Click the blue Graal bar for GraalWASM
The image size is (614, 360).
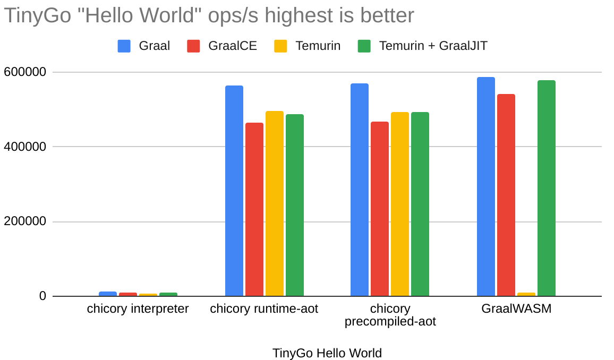coord(485,186)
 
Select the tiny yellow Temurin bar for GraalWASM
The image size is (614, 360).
coord(526,294)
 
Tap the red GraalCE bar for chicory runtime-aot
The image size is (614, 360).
coord(254,209)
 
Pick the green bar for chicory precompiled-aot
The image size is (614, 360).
coord(420,204)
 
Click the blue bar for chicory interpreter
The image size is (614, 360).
coord(107,294)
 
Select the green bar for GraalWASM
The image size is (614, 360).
coord(546,188)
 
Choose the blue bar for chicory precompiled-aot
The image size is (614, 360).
coord(359,190)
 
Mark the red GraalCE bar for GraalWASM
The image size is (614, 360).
coord(506,195)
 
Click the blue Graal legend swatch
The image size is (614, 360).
coord(124,46)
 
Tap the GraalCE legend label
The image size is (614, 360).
coord(233,46)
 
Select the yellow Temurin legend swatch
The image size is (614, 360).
coord(280,46)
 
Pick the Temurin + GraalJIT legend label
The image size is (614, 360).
coord(433,46)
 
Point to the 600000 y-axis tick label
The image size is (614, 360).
coord(25,72)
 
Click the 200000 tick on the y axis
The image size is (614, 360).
coord(25,221)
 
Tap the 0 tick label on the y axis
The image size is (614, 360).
coord(42,296)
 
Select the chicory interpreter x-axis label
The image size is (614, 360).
coord(138,309)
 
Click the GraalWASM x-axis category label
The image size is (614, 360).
coord(516,309)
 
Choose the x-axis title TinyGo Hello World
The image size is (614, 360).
coord(327,353)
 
